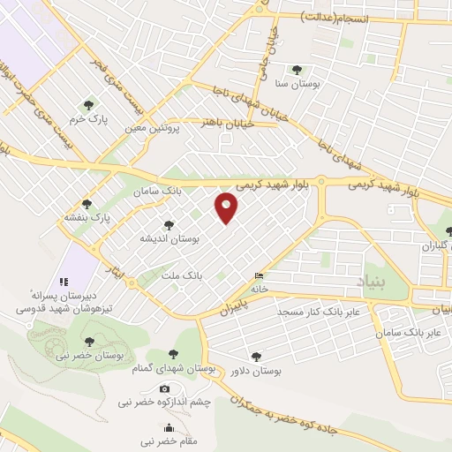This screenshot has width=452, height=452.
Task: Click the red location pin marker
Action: [x=227, y=207]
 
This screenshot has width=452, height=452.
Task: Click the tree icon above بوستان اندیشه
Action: [x=169, y=226]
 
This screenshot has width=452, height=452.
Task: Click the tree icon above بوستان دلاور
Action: [x=256, y=357]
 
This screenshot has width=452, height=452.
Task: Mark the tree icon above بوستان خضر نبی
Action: [x=87, y=340]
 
